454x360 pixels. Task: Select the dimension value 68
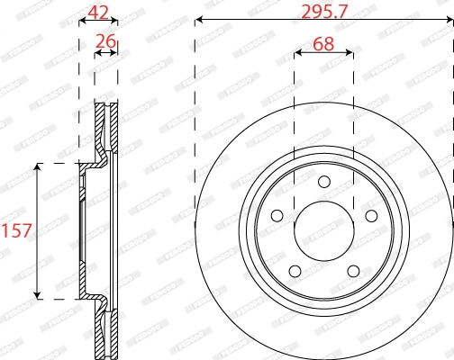click(x=324, y=42)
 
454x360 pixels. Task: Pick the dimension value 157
click(x=17, y=230)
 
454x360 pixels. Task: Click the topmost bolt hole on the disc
click(x=324, y=185)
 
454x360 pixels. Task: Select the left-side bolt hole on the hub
click(x=277, y=215)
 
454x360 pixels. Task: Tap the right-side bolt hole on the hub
click(x=370, y=215)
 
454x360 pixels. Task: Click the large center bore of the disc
click(x=324, y=229)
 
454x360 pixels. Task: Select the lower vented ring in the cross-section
click(x=106, y=331)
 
